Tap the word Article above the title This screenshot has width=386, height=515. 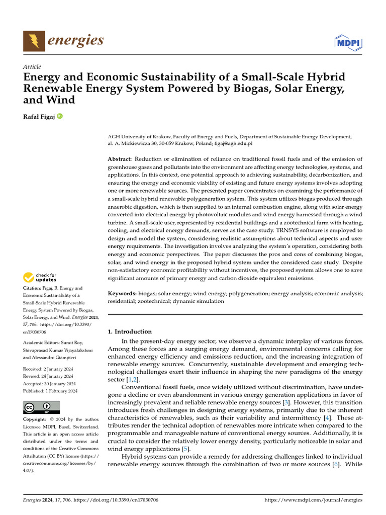coord(32,67)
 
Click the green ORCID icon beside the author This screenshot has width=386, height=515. coord(60,117)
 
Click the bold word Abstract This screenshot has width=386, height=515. coord(120,159)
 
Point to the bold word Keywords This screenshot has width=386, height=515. coord(123,293)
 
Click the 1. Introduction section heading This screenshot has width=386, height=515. coord(130,331)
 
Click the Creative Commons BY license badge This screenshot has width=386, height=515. coord(41,407)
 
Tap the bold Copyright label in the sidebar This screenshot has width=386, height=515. coord(37,419)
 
